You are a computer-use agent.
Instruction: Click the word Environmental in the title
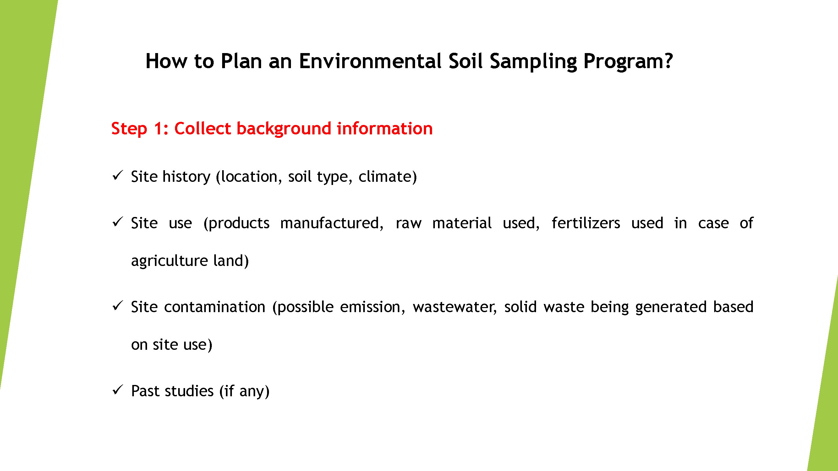(x=370, y=61)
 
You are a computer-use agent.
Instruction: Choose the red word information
(x=385, y=128)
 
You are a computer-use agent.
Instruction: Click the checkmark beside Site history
(x=118, y=176)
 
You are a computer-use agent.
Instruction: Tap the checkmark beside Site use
(x=118, y=222)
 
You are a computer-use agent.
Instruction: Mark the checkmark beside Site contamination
(x=118, y=306)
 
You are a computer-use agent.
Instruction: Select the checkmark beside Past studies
(x=118, y=390)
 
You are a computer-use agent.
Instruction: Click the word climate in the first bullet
(x=385, y=176)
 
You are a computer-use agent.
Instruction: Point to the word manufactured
(x=330, y=223)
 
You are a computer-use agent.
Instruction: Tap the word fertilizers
(x=586, y=223)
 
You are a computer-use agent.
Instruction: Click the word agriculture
(x=169, y=261)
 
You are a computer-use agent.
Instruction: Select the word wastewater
(x=454, y=307)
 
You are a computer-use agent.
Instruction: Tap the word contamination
(x=215, y=307)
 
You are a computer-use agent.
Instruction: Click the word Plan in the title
(x=241, y=61)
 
